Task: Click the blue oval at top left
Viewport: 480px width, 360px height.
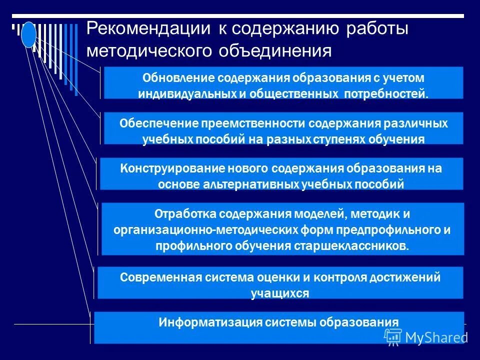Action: [x=29, y=35]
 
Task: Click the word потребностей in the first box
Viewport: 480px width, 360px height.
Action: [x=386, y=93]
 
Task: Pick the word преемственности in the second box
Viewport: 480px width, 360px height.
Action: [x=252, y=123]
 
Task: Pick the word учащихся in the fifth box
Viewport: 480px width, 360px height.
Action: [x=280, y=293]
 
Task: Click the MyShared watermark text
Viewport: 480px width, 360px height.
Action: [x=436, y=337]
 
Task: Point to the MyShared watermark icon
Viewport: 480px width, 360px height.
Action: [x=393, y=336]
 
